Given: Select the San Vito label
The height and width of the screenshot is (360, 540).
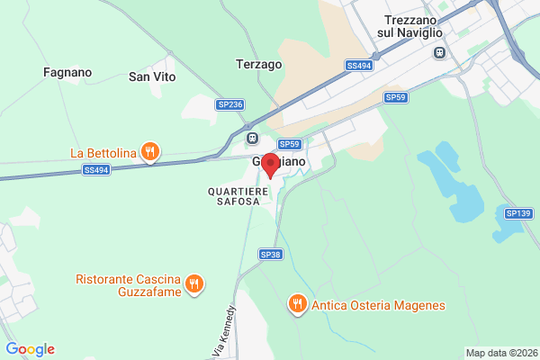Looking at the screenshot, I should click(x=151, y=76).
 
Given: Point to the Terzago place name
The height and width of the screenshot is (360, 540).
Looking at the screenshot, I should click(x=259, y=65).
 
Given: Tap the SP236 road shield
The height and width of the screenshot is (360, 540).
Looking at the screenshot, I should click(x=230, y=105).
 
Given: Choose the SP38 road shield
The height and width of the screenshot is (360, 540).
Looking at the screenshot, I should click(x=271, y=255).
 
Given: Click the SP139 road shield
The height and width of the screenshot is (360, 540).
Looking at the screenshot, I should click(x=518, y=213).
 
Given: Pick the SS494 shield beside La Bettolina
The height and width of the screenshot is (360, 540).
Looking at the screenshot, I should click(x=95, y=169).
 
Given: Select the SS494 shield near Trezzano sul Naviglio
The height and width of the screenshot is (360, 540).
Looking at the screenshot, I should click(x=358, y=66).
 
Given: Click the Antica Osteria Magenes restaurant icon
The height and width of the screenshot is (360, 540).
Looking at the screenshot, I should click(x=297, y=304).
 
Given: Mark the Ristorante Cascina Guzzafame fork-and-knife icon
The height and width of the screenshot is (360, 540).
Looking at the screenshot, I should click(x=193, y=285).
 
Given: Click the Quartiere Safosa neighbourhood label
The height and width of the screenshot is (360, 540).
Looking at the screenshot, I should click(x=234, y=196).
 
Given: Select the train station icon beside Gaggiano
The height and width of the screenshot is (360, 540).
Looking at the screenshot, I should click(x=253, y=139).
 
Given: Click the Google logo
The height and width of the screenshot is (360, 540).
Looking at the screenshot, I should click(x=30, y=349).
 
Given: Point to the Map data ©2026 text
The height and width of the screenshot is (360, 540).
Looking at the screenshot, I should click(x=501, y=353).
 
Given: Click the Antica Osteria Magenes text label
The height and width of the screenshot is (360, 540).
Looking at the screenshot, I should click(x=378, y=305).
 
